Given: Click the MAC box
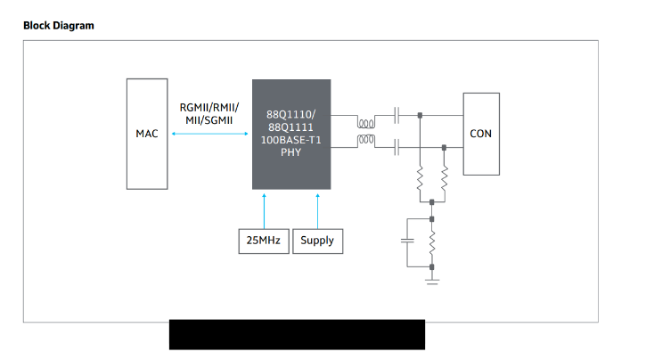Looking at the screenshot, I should (x=147, y=134).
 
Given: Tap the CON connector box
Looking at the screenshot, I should (x=481, y=134).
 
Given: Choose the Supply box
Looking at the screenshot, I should (x=317, y=241).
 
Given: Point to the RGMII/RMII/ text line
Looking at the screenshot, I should (x=210, y=107).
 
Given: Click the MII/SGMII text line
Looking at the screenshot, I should (x=210, y=119).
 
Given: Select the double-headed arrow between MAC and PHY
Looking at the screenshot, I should (x=209, y=134).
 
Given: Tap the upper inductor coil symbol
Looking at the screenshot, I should (x=364, y=120).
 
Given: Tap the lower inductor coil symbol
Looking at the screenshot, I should (x=364, y=141).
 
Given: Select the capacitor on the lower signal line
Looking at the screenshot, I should (x=397, y=147).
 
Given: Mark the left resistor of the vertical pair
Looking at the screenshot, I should (x=420, y=183).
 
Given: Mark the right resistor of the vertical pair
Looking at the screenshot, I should (x=444, y=183).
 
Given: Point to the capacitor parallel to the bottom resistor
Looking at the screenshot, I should (x=407, y=241).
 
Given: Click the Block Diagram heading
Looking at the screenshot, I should (x=59, y=25).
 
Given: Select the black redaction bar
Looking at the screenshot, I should (x=297, y=334).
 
